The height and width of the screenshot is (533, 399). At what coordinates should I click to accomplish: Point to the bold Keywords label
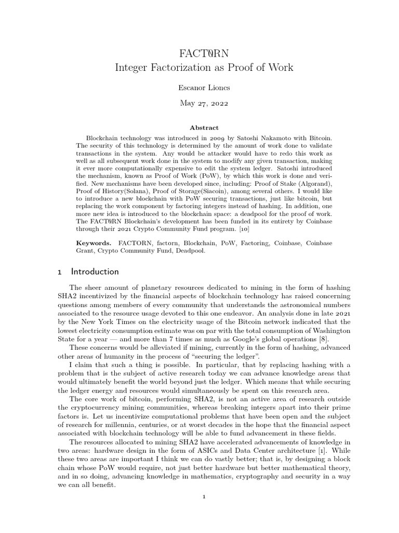point(94,243)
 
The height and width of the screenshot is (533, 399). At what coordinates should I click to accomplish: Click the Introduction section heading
point(95,272)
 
